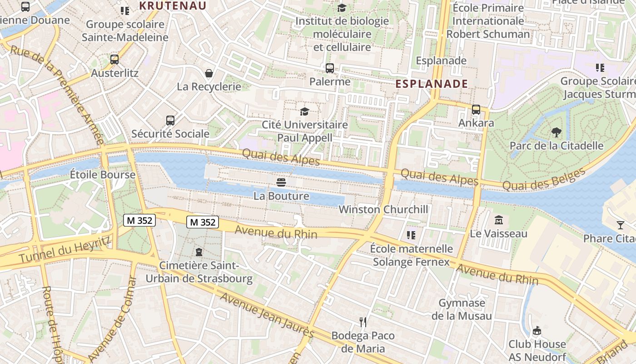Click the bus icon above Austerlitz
coord(114,59)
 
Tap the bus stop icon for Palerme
coord(330,68)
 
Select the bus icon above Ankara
coord(476,109)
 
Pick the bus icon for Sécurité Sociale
coord(170,121)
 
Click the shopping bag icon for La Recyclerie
coord(209,73)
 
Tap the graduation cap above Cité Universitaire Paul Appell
coord(304,111)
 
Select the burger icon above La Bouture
coord(281,183)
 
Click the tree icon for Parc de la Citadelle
coord(556,132)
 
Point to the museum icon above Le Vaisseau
coord(499,220)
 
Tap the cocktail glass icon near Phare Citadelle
coord(621,225)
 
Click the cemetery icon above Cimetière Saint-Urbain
coord(199,252)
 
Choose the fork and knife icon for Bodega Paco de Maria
coord(363,322)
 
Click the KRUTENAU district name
coord(173,6)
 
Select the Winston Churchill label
coord(383,209)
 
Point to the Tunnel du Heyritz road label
coord(65,250)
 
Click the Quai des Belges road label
coord(544,180)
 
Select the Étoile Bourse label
coord(103,175)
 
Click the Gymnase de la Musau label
coord(462,309)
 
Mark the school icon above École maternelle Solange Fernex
coord(411,235)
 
